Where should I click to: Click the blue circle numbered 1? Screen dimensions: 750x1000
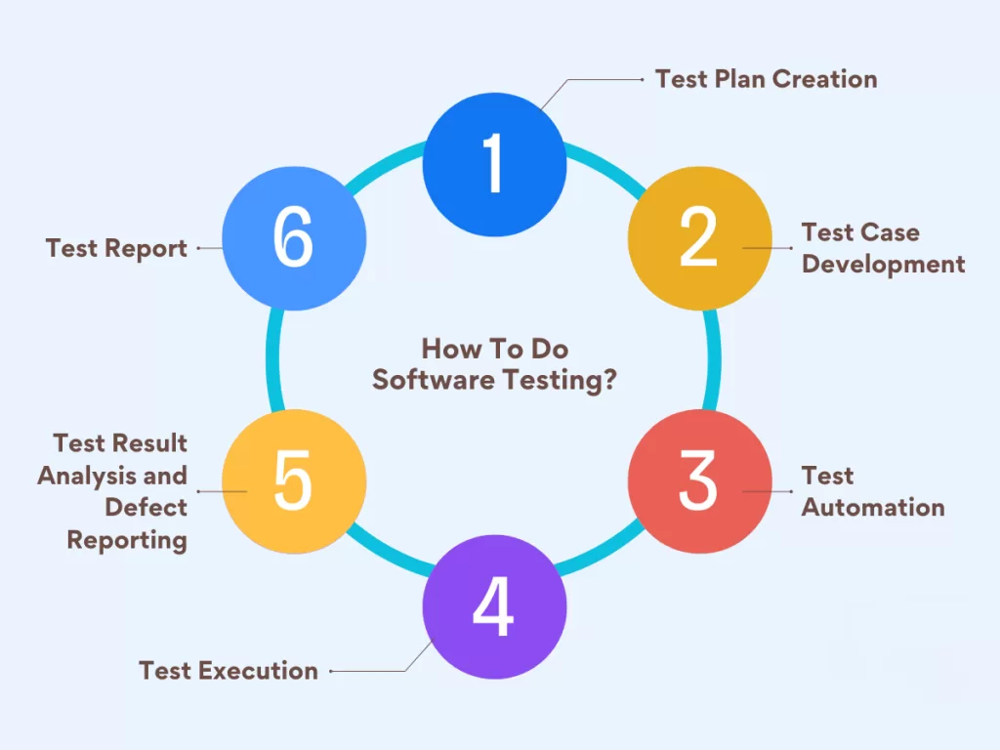(x=494, y=164)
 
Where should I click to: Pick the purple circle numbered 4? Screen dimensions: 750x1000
(x=494, y=605)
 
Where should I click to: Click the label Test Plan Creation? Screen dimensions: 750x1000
(x=766, y=79)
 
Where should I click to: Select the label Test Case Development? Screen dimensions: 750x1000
(x=883, y=248)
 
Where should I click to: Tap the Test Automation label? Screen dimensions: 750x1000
(x=872, y=491)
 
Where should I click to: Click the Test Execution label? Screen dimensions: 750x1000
(x=229, y=671)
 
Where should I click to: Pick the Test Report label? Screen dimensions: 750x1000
(x=116, y=248)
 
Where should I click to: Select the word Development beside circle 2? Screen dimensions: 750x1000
(x=883, y=264)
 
